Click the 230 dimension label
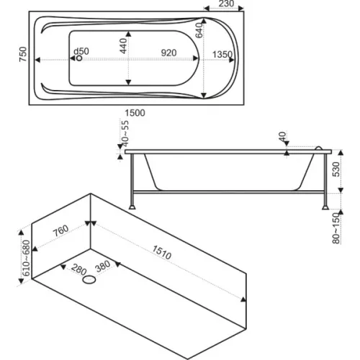tap(226, 4)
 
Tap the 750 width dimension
tap(23, 54)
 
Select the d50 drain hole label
tap(81, 51)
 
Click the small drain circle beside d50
tap(79, 58)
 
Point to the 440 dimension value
tap(123, 46)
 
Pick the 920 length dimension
tap(168, 53)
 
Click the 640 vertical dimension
tap(199, 30)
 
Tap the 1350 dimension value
tap(222, 55)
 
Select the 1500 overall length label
tap(135, 113)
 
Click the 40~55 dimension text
tap(125, 133)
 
